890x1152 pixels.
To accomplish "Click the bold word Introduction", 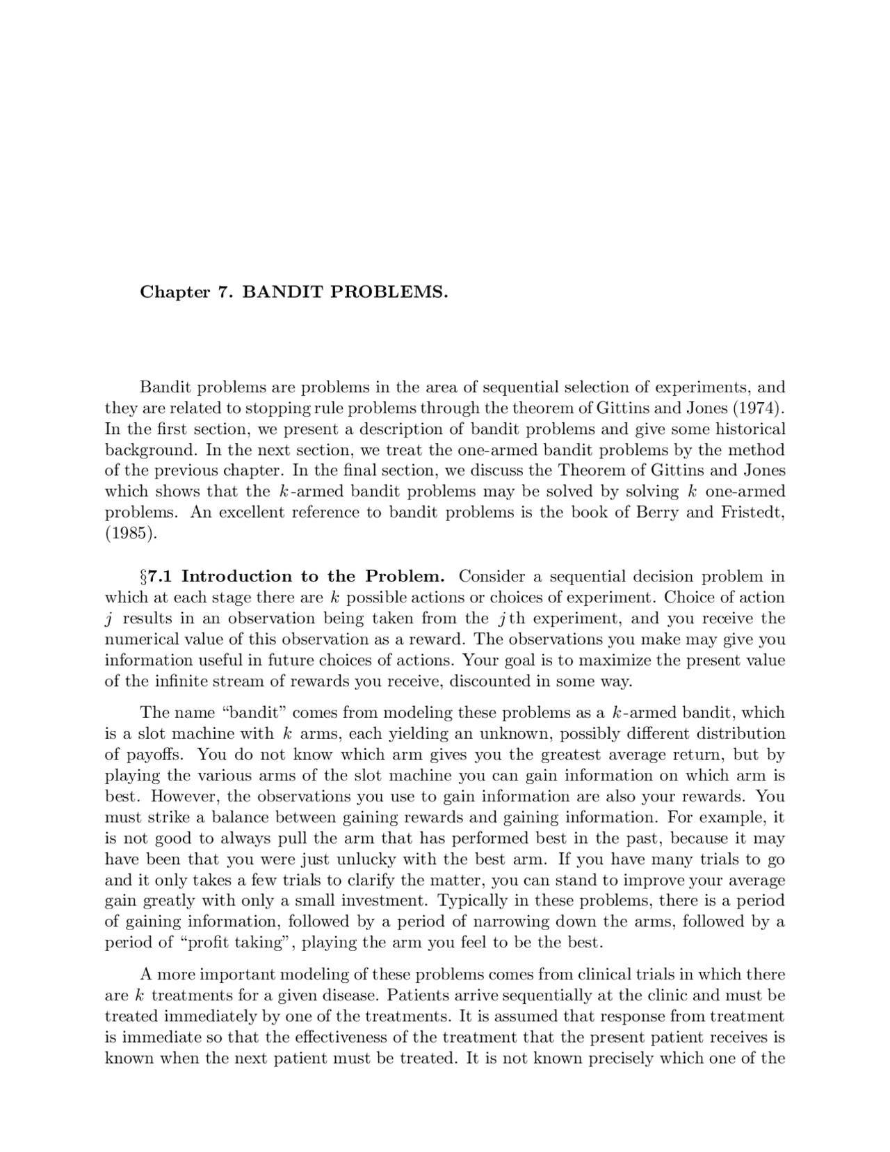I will tap(236, 577).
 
